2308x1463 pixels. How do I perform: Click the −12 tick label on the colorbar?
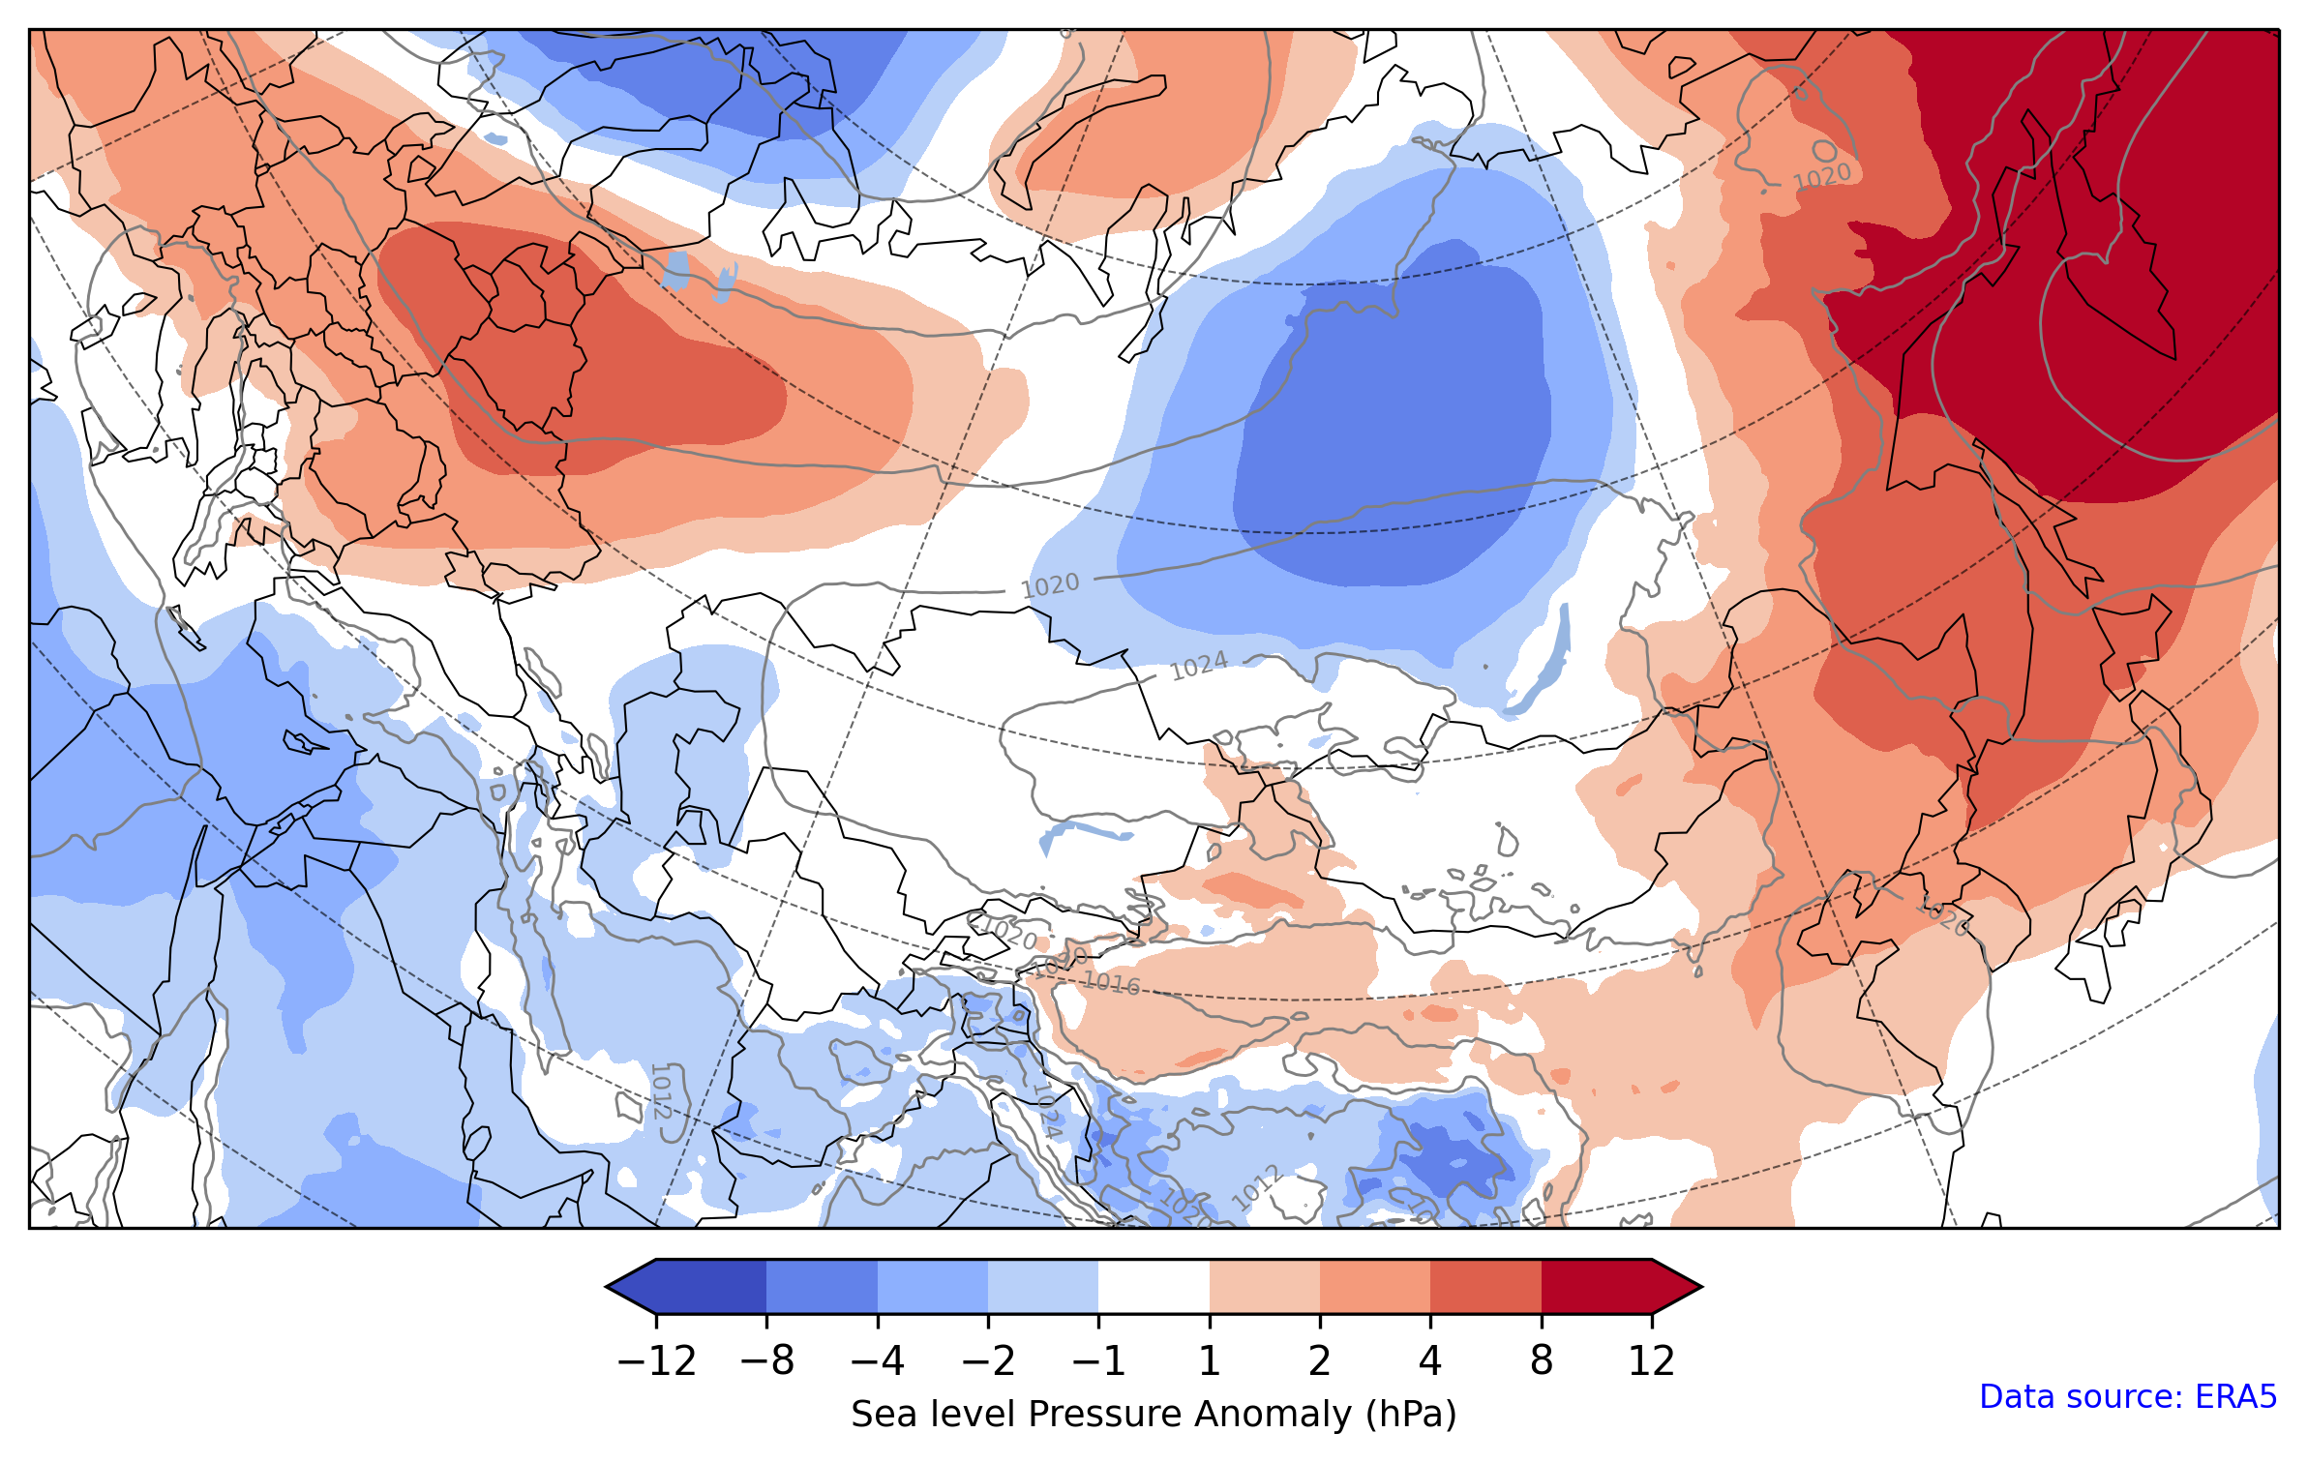[656, 1361]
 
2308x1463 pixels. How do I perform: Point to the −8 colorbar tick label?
[766, 1361]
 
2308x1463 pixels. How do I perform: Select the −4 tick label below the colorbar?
[877, 1361]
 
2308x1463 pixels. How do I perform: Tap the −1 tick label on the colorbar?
[1098, 1361]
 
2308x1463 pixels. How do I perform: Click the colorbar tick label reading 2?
[1320, 1361]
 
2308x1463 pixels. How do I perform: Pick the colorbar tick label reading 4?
[1430, 1361]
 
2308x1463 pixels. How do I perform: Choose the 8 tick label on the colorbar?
[1542, 1361]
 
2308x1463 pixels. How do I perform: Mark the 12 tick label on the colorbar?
[1652, 1361]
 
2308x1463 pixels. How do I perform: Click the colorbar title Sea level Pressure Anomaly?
[1154, 1414]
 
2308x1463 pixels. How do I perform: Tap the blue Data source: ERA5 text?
[2128, 1396]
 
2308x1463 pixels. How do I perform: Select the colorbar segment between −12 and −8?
[711, 1287]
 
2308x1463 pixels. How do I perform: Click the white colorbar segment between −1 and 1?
[1154, 1287]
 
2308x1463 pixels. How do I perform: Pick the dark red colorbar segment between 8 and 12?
[1597, 1287]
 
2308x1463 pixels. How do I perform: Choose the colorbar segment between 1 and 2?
[1265, 1287]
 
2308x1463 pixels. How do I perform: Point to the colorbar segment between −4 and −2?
[932, 1287]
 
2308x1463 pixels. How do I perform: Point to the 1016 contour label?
[1111, 983]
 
